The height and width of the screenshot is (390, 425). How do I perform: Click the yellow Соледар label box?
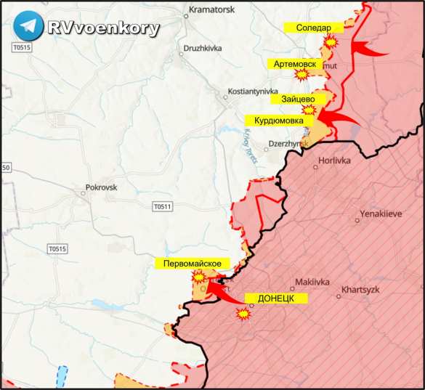tap(314, 28)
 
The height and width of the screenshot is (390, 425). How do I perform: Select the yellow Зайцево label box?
tap(298, 99)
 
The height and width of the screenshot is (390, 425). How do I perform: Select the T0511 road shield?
tap(163, 207)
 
